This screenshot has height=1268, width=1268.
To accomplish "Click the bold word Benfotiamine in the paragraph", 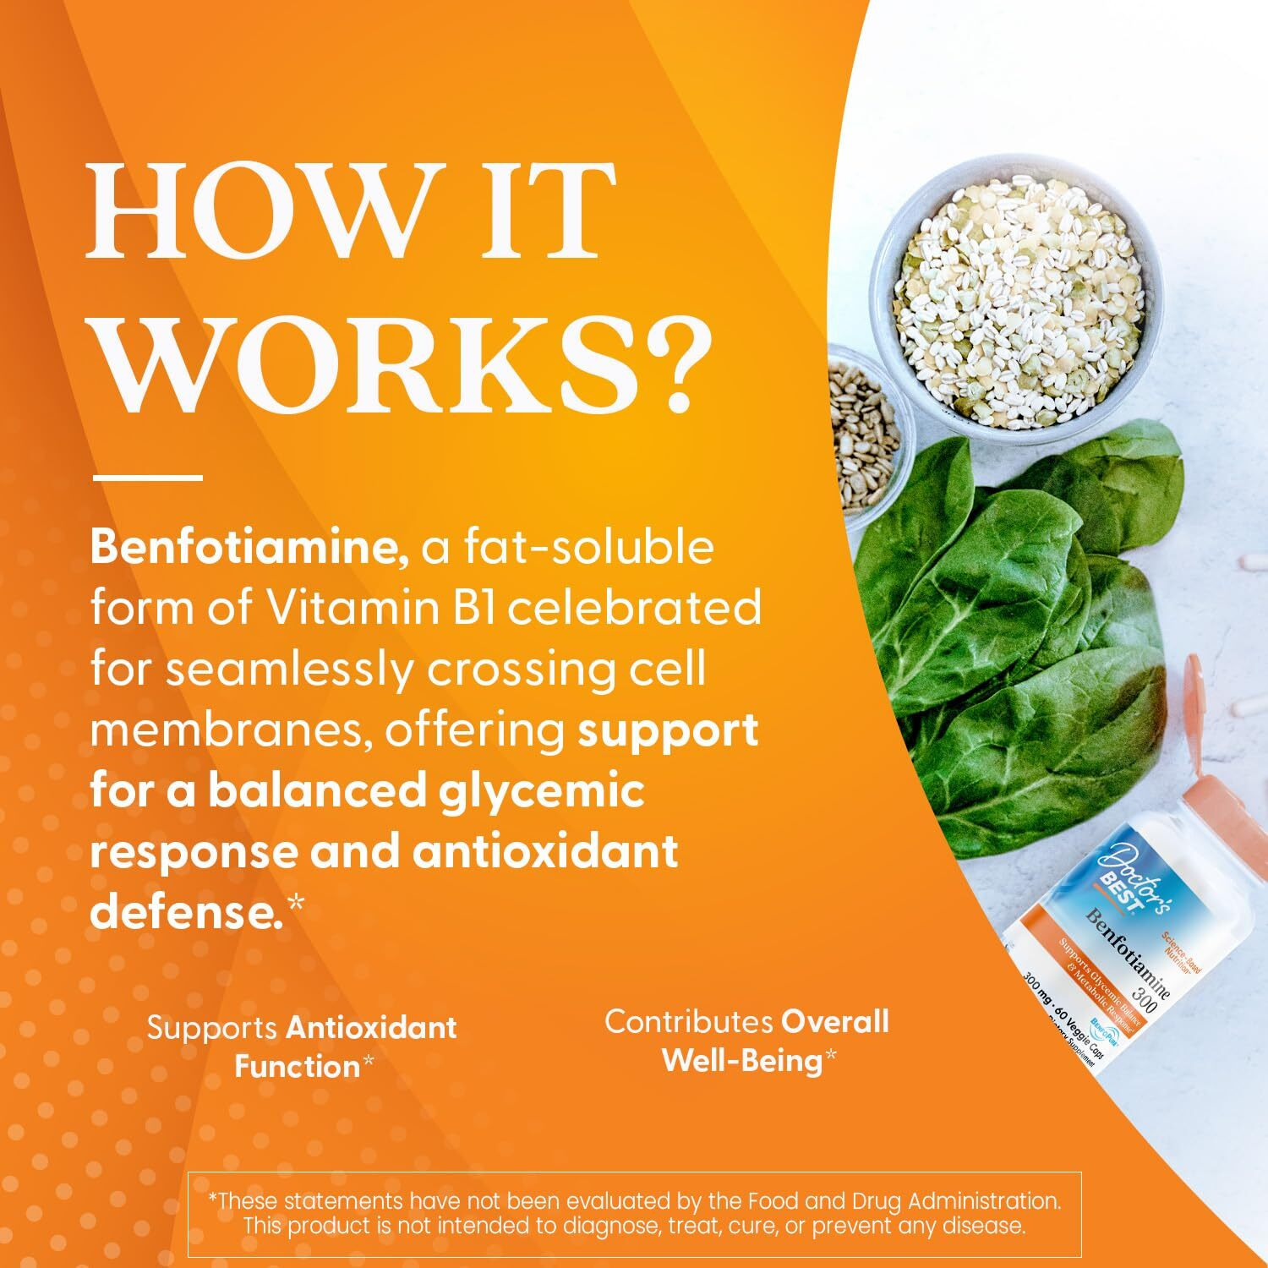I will [250, 549].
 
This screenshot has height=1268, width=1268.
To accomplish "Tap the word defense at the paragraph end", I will [186, 913].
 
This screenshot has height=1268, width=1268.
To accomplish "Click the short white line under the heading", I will [147, 478].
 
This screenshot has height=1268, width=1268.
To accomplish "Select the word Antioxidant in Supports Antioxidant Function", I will [371, 1028].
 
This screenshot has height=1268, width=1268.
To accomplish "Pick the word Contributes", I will [689, 1022].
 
